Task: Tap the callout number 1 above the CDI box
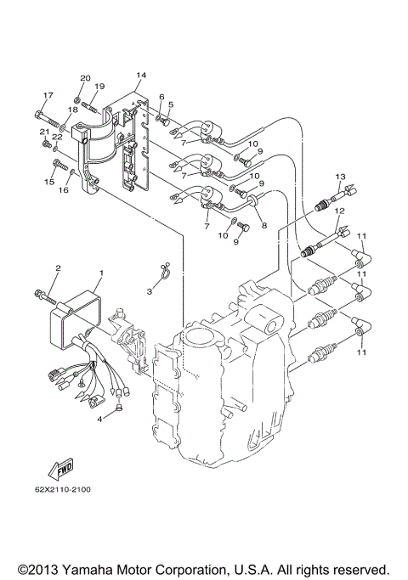pos(100,273)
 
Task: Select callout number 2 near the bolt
pos(57,269)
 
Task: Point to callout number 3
pos(149,290)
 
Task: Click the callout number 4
pos(99,418)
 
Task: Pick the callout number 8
pos(264,226)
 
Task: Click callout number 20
pos(85,78)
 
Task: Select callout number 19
pos(99,87)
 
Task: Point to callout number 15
pos(48,182)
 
